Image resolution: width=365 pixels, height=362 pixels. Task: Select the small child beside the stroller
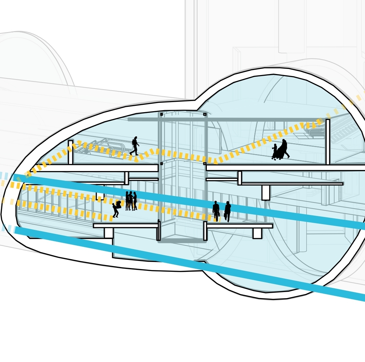(274, 151)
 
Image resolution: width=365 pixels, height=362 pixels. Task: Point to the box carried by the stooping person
(119, 204)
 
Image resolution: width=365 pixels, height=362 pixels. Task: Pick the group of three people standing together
(131, 201)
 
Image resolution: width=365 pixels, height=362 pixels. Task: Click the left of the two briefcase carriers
(216, 211)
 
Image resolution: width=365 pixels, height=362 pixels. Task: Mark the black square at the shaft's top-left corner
(162, 114)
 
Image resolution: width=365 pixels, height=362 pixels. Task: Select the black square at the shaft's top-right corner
(205, 114)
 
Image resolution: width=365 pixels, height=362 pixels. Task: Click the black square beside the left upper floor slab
(162, 164)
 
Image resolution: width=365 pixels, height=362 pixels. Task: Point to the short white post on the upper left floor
(70, 152)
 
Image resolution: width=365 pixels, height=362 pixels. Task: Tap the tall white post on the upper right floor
(327, 142)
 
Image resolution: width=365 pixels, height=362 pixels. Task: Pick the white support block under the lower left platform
(108, 233)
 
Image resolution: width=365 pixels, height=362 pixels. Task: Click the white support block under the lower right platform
(257, 233)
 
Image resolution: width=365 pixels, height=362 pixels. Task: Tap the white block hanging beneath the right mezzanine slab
(266, 192)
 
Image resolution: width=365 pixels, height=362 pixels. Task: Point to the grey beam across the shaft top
(223, 120)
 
